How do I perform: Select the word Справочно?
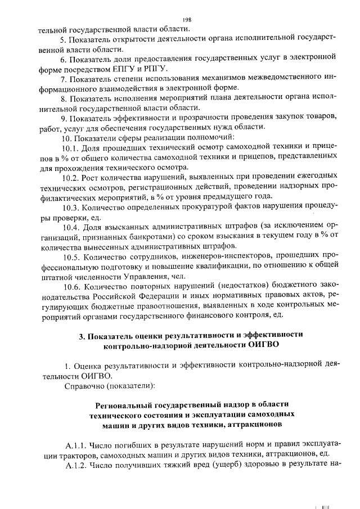tap(84, 386)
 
